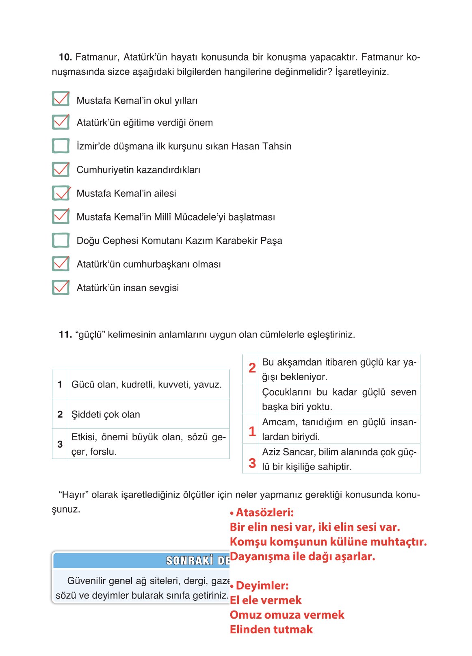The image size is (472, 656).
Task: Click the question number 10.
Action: [65, 57]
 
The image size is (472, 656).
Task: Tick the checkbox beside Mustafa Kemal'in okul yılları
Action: [61, 99]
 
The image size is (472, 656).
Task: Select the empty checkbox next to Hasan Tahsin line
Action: [61, 146]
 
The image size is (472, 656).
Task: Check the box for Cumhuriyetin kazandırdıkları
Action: [61, 169]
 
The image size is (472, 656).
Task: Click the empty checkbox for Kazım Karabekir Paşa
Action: [61, 240]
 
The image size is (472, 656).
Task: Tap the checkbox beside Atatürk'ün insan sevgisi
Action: [61, 287]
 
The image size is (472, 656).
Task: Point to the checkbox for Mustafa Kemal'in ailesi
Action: [61, 193]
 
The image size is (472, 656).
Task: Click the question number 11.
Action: [65, 335]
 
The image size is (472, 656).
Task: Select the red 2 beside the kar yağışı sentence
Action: [252, 368]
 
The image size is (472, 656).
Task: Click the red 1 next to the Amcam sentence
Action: [252, 431]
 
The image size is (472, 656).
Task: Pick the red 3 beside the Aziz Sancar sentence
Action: [252, 463]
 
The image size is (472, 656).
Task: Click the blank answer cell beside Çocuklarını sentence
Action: [251, 399]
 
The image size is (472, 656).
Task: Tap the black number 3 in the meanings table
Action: [60, 444]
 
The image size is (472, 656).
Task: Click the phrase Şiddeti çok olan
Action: [106, 414]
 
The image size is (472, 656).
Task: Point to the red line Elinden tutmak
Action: [271, 630]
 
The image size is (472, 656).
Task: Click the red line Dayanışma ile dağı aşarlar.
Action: [303, 556]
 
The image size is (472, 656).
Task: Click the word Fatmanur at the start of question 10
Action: [97, 57]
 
